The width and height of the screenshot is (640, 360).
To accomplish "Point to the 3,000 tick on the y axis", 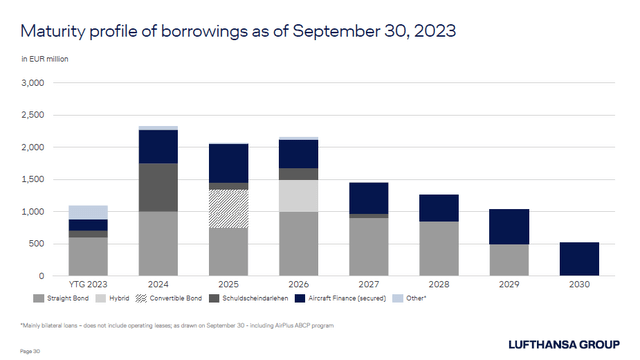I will pyautogui.click(x=34, y=84).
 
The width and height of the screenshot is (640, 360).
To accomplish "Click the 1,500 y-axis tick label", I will pyautogui.click(x=34, y=180).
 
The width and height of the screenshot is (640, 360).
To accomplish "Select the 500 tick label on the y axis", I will pyautogui.click(x=38, y=244).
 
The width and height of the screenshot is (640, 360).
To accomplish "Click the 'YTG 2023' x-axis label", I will pyautogui.click(x=88, y=285).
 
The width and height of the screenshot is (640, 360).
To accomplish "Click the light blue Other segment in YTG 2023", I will pyautogui.click(x=89, y=212).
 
